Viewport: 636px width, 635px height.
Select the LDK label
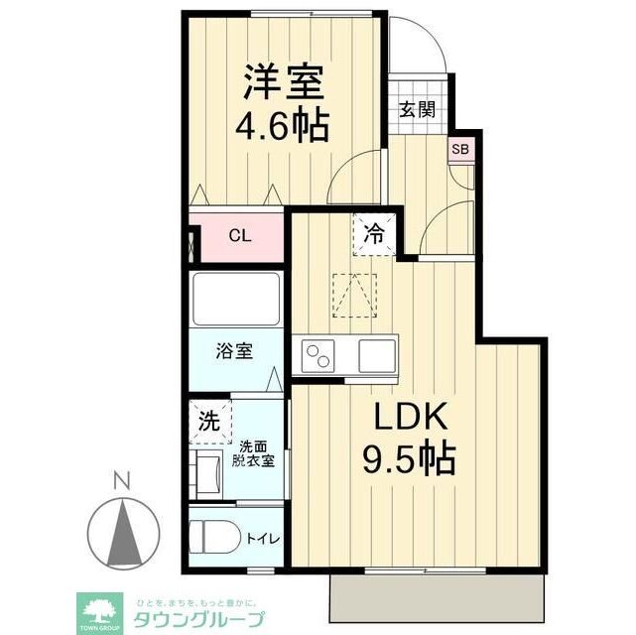tap(411, 417)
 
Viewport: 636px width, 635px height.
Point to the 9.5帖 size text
tap(411, 459)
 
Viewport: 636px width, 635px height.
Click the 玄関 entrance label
tap(418, 109)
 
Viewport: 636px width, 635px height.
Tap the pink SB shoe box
tap(460, 150)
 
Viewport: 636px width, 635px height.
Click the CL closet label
tap(240, 236)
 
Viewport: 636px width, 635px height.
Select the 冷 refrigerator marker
tap(374, 236)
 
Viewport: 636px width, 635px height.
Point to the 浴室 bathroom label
tap(235, 351)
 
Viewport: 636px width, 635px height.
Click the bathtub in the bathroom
tap(237, 297)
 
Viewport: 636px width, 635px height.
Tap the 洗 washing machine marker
tap(208, 420)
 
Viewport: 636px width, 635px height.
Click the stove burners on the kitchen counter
tap(319, 355)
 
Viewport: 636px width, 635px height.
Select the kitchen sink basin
tap(376, 354)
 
